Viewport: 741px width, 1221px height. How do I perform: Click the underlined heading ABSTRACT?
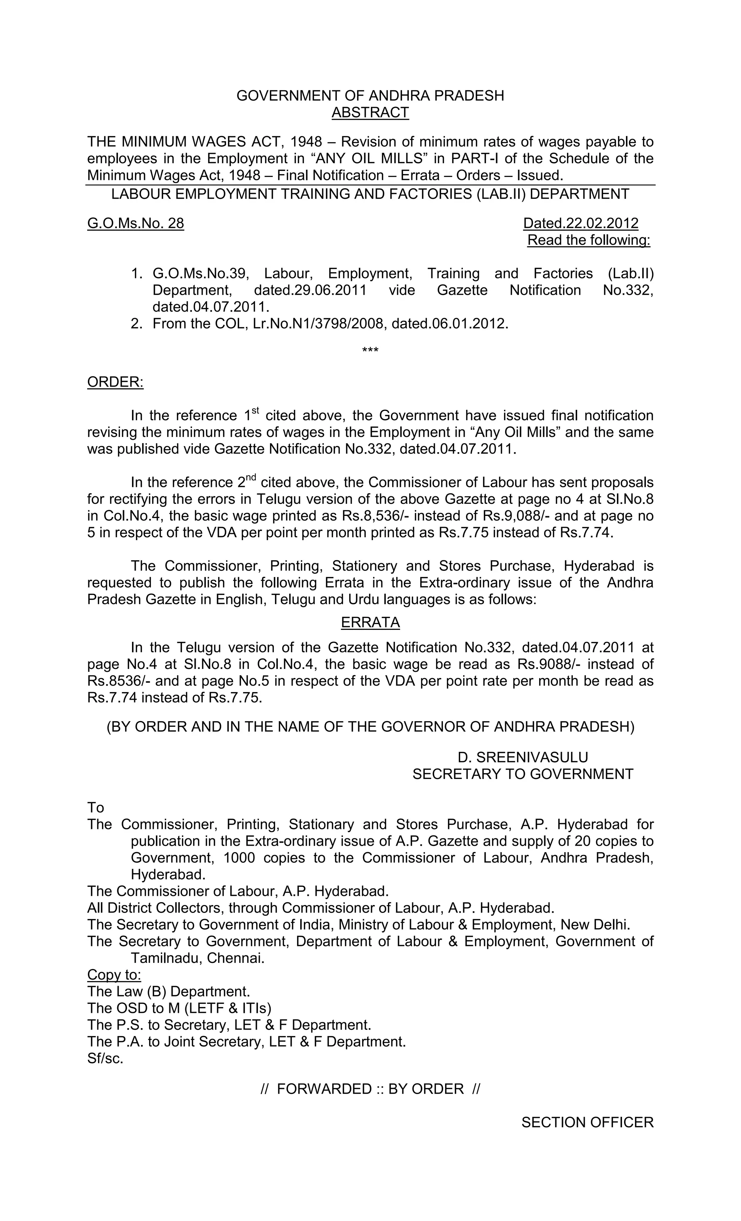tap(370, 113)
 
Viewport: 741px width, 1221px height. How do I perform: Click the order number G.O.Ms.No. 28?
tap(135, 223)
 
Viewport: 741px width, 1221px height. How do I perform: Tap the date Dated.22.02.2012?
tap(580, 223)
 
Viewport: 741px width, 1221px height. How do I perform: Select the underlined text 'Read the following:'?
tap(588, 240)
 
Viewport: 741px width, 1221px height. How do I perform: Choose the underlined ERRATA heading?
tap(370, 622)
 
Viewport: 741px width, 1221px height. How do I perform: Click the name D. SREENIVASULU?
tap(522, 757)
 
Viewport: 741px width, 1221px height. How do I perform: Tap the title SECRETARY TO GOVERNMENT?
tap(522, 774)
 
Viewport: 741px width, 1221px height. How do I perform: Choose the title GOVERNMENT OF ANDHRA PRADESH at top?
tap(370, 96)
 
